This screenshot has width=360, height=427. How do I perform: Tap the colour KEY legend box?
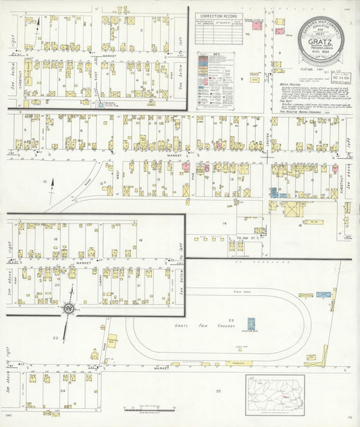(215, 81)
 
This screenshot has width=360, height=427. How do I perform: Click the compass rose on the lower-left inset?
(70, 310)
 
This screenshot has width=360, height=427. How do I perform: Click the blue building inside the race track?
(251, 324)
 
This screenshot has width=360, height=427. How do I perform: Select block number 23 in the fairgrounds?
(230, 319)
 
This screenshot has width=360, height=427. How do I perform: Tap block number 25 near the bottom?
(218, 391)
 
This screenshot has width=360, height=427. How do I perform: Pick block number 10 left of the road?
(45, 181)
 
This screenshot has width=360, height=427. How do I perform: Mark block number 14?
(224, 222)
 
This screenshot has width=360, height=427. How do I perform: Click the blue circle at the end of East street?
(101, 105)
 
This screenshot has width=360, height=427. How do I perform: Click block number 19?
(140, 241)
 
